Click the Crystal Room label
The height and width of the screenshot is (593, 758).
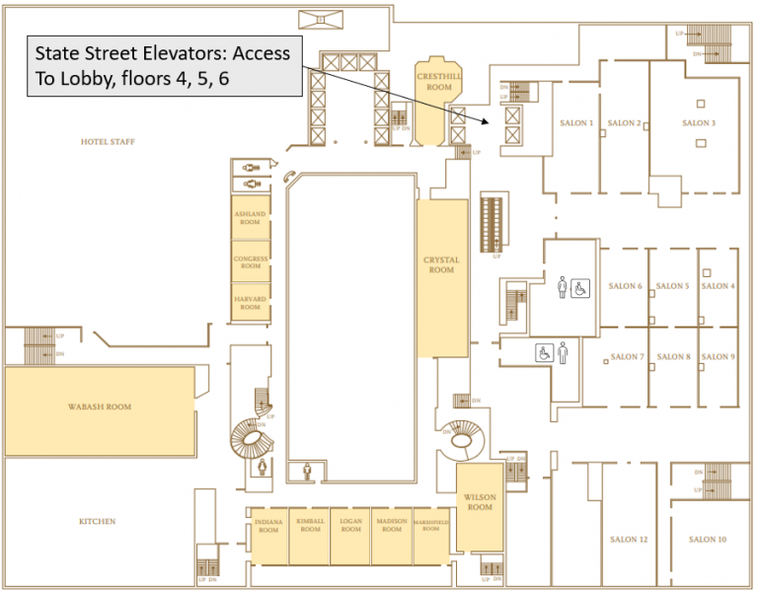click(x=441, y=264)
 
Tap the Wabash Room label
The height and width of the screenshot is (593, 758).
click(x=99, y=407)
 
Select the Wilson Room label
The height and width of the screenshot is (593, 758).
click(x=480, y=502)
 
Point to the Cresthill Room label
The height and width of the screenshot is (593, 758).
click(x=432, y=83)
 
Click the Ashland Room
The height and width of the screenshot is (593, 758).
click(x=251, y=218)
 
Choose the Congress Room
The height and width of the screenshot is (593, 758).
click(x=251, y=261)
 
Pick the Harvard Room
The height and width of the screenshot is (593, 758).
click(x=251, y=303)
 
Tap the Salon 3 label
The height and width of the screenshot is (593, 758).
click(x=697, y=123)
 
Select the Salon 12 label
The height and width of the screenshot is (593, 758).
click(x=629, y=540)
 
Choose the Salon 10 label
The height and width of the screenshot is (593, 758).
click(x=708, y=540)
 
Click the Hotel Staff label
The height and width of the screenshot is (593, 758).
click(x=108, y=142)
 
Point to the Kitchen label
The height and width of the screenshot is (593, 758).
click(x=98, y=521)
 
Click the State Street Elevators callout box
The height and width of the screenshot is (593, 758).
click(x=163, y=66)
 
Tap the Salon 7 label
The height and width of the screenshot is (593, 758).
click(x=627, y=357)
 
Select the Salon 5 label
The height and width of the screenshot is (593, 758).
click(x=672, y=286)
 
